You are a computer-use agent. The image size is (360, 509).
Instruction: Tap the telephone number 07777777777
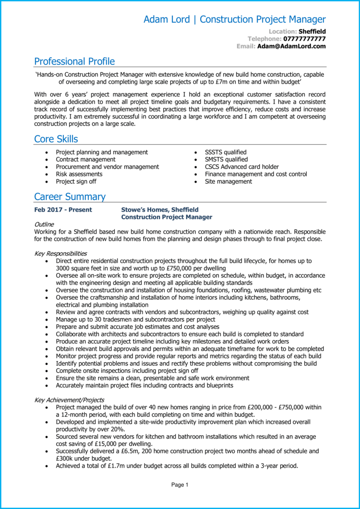(304, 39)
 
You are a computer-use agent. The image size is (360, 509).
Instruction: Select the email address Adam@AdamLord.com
(291, 47)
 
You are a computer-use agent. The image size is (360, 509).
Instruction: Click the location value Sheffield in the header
(312, 32)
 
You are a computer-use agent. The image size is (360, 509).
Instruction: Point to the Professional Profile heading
(74, 61)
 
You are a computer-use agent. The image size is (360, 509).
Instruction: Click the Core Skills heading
(56, 139)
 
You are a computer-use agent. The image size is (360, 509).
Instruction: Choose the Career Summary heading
(70, 197)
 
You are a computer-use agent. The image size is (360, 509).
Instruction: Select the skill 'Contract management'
(85, 159)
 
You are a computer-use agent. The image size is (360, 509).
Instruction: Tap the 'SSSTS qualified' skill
(226, 152)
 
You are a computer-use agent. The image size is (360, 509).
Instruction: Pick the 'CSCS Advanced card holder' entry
(241, 167)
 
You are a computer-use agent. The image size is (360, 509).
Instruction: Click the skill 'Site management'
(228, 181)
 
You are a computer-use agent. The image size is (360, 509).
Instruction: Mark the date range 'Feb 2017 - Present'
(63, 210)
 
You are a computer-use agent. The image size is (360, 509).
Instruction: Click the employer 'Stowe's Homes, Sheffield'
(160, 210)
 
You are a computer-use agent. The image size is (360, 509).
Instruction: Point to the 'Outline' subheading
(44, 224)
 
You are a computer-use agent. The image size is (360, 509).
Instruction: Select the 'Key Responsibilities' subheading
(60, 253)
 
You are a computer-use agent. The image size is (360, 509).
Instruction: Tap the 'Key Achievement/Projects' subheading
(69, 400)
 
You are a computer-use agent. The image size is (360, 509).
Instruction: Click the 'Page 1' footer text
(180, 485)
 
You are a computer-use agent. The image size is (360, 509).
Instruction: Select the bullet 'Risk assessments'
(79, 174)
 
